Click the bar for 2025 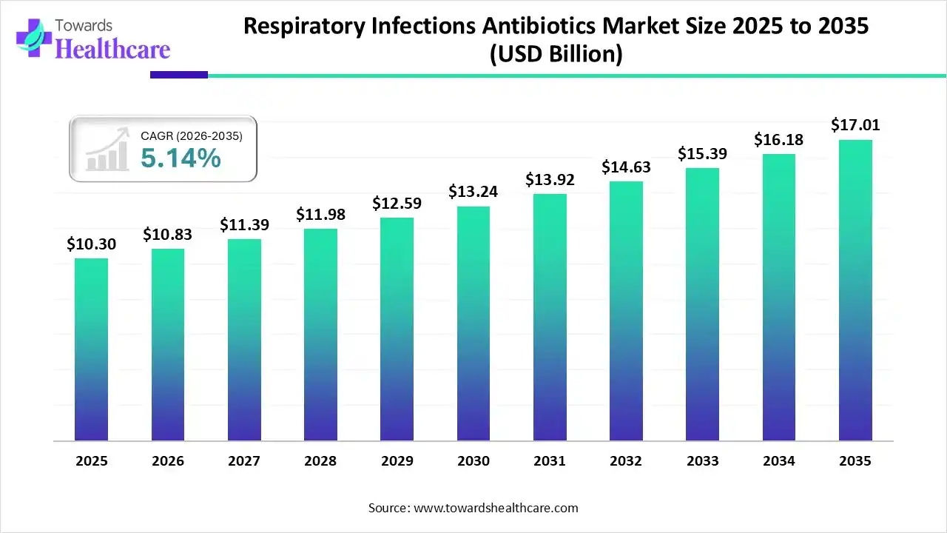coord(92,349)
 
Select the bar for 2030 coord(473,324)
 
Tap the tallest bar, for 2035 coord(855,290)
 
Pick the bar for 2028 coord(320,335)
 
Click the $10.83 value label coord(168,235)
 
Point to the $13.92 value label coord(550,179)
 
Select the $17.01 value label coord(855,124)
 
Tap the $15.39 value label coord(702,154)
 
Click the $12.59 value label coord(397,202)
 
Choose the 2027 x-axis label coord(244,461)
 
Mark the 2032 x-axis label coord(626,461)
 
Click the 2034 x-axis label coord(778,461)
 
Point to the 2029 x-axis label coord(397,461)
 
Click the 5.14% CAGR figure coord(181,158)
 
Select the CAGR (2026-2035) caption coord(191,135)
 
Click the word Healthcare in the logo coord(113,49)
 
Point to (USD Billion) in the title coord(556,54)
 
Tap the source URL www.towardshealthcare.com coord(494,508)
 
